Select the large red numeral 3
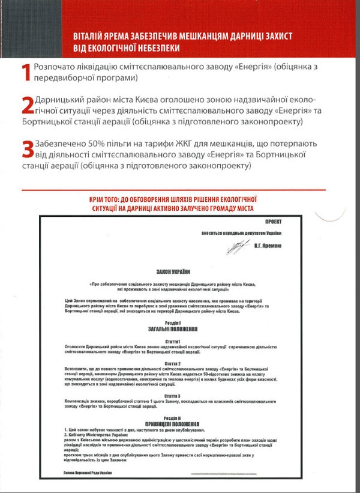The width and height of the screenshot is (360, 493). tap(26, 148)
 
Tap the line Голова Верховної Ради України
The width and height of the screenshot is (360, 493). tap(89, 473)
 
